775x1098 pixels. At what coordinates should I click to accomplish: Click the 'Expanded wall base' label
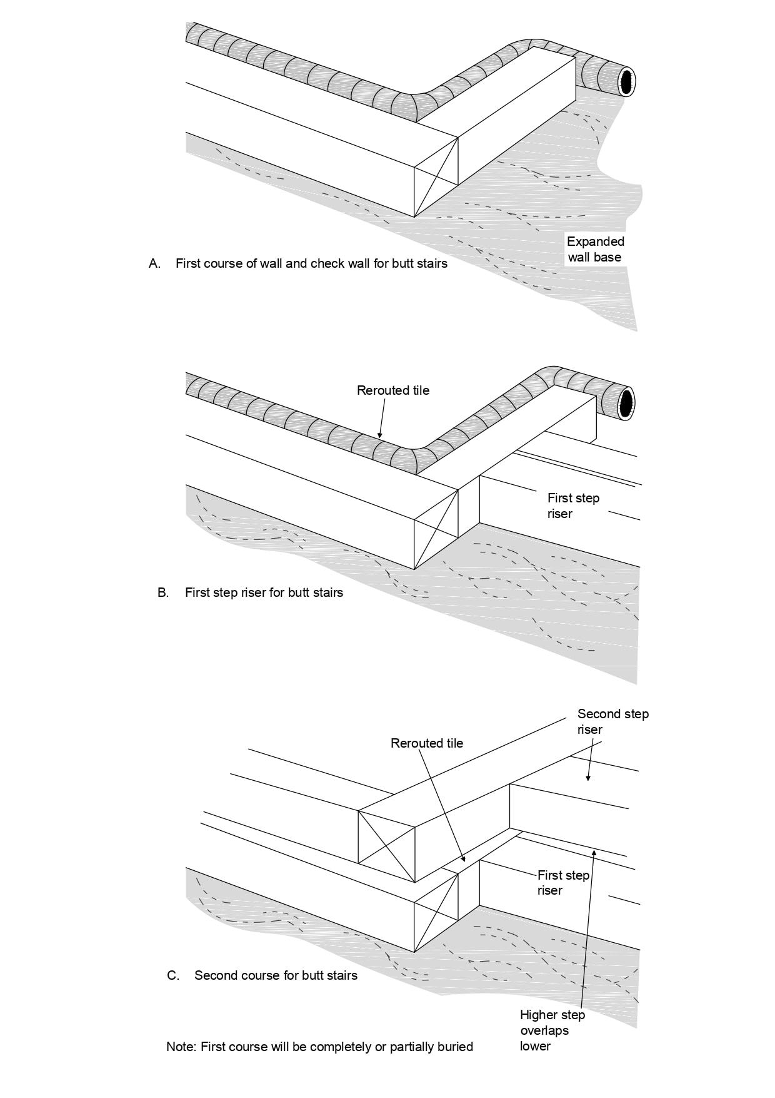coord(596,249)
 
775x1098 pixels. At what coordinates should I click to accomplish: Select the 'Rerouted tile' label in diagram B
coord(393,390)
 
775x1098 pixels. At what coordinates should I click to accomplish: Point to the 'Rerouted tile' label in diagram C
coord(427,743)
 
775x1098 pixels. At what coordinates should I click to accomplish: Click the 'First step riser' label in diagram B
coord(573,506)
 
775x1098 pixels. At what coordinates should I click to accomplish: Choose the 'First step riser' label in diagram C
coord(563,883)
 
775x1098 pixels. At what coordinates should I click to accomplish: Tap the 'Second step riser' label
coord(613,721)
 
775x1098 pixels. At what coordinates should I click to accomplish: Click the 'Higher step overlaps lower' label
coord(552,1030)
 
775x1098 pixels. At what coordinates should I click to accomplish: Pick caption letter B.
coord(163,592)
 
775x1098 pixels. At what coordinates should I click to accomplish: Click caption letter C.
coord(173,975)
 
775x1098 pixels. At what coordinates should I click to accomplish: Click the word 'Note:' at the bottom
coord(182,1047)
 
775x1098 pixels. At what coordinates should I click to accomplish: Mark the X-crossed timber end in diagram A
coord(436,177)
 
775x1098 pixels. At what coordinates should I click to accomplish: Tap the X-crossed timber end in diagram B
coord(436,529)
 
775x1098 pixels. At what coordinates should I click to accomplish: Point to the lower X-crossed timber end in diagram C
coord(436,912)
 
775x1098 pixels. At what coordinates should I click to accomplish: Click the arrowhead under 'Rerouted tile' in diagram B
coord(379,434)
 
